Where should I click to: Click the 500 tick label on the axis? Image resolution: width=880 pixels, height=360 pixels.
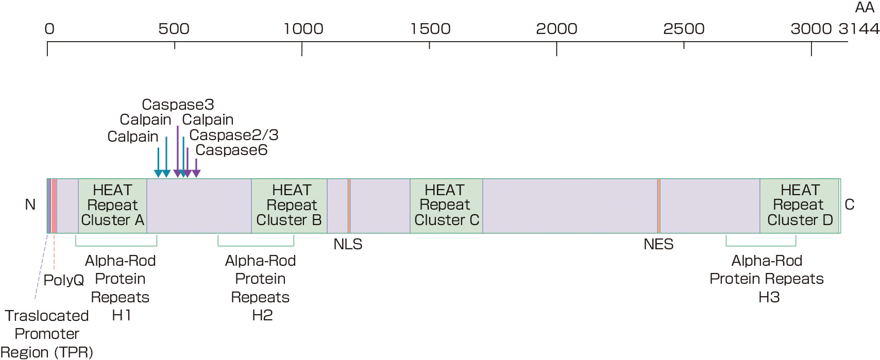174,29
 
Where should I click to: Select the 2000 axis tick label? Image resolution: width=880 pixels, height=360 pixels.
556,29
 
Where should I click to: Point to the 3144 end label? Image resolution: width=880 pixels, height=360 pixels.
859,29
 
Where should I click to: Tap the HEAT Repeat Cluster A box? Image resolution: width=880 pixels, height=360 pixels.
112,205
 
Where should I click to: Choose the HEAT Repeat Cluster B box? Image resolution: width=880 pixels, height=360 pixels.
289,205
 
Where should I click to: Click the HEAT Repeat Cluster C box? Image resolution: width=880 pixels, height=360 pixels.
446,205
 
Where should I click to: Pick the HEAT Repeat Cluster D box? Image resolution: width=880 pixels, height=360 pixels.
800,205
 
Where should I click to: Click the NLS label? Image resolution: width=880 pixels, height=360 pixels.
348,244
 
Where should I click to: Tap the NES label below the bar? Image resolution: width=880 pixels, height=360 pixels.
658,244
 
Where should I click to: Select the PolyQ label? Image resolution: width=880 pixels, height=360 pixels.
63,280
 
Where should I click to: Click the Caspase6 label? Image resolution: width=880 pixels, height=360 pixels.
231,150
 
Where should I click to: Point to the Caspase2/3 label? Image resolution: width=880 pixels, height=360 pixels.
234,135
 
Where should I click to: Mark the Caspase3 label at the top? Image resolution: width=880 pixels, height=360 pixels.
178,105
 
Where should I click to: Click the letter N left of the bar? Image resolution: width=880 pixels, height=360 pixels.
30,205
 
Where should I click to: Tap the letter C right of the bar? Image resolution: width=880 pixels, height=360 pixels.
850,205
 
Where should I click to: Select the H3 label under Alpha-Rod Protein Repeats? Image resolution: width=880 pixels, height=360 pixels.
769,297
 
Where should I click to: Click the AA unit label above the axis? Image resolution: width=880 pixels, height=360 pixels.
865,8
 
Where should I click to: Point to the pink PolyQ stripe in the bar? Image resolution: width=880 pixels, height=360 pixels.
54,205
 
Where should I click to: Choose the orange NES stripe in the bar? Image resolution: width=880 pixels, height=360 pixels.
658,205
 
